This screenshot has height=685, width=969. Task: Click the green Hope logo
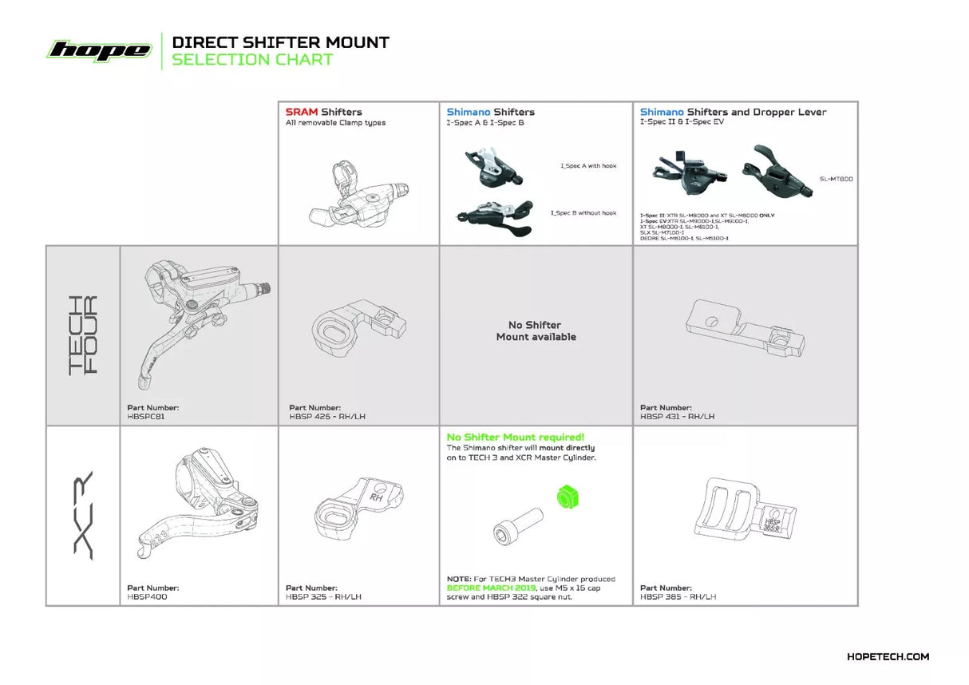(x=99, y=50)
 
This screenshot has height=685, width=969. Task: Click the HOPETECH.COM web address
(x=888, y=656)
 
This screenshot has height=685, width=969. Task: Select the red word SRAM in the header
(x=302, y=112)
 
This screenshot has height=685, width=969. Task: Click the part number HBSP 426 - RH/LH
(x=327, y=416)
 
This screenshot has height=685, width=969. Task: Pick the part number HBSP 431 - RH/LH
(x=677, y=416)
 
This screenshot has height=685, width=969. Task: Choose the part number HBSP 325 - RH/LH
(x=323, y=596)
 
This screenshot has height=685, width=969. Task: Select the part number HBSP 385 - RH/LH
(x=678, y=596)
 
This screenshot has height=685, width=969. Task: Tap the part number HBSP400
(x=147, y=596)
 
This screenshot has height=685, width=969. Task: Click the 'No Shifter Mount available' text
(x=536, y=331)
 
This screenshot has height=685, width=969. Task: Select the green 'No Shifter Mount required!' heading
(x=515, y=437)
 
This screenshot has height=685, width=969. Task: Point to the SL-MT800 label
(x=836, y=179)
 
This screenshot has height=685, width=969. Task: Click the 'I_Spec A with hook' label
(x=587, y=166)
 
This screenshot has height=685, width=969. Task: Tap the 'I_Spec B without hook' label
(x=583, y=213)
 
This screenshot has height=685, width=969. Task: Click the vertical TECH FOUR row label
(x=83, y=335)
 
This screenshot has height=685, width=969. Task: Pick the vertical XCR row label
(x=83, y=515)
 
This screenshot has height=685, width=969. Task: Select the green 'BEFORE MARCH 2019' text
(x=480, y=588)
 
